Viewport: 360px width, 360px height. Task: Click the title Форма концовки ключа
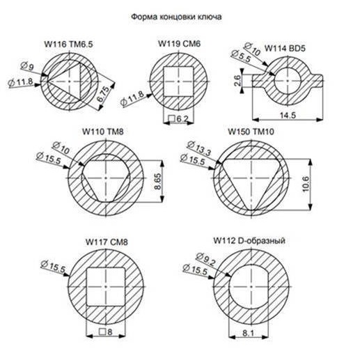pos(176,17)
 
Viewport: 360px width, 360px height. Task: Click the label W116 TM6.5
pos(68,44)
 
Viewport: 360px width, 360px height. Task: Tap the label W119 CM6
pos(179,44)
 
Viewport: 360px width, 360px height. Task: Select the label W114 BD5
pos(285,49)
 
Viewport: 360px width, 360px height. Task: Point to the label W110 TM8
pos(103,132)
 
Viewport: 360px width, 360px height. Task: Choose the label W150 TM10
pos(251,132)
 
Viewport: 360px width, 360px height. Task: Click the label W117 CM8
pos(107,242)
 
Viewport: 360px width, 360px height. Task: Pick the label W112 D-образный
pos(249,241)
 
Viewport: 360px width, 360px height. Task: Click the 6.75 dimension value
pos(103,94)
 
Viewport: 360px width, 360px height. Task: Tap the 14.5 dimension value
pos(288,116)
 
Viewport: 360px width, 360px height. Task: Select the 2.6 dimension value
pos(237,81)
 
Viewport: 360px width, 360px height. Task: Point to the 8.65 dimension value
pos(157,181)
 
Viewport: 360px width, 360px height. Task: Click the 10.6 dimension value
pos(306,184)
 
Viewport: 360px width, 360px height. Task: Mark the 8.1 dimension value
pos(248,334)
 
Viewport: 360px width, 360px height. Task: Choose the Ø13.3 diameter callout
pos(199,148)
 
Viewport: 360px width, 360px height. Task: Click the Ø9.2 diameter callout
pos(206,259)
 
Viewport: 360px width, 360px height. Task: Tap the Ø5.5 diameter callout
pos(241,56)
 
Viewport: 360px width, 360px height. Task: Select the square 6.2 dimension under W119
pos(178,119)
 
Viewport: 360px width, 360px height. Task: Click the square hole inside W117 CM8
pos(106,287)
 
